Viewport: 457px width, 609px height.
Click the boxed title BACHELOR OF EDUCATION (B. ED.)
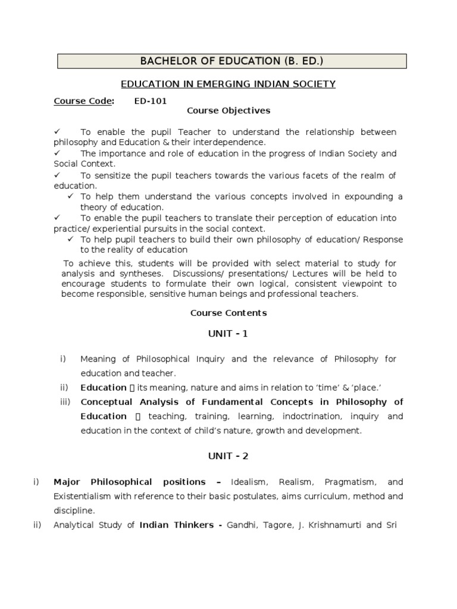[231, 61]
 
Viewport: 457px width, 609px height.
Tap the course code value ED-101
[151, 101]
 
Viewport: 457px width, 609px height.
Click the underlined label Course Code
[83, 101]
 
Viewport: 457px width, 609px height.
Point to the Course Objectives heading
[228, 111]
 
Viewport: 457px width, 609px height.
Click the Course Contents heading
[228, 313]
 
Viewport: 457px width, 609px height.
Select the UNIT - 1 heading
[228, 334]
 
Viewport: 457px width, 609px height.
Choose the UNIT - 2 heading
[228, 456]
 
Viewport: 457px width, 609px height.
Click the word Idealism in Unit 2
[248, 482]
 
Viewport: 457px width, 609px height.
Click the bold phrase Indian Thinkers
[176, 525]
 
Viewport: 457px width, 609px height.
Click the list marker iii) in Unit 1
[65, 402]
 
